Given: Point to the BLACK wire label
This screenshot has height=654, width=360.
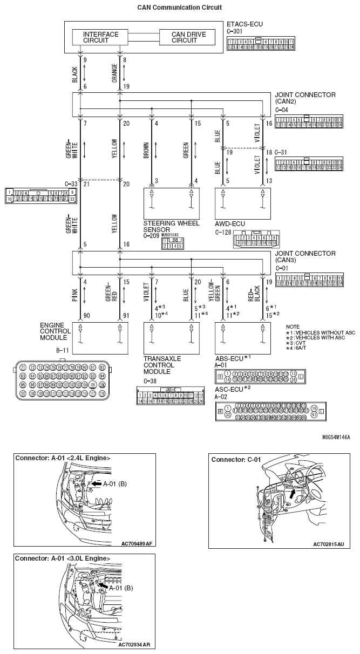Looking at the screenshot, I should click(75, 74).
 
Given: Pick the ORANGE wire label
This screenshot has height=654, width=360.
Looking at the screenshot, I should click(114, 73).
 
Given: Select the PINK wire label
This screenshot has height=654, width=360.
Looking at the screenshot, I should click(75, 295).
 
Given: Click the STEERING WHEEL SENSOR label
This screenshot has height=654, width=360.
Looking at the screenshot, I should click(171, 226).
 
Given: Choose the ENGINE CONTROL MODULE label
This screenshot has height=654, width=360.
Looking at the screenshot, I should click(54, 331).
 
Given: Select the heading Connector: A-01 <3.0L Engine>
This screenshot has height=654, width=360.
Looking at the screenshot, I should click(63, 558).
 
